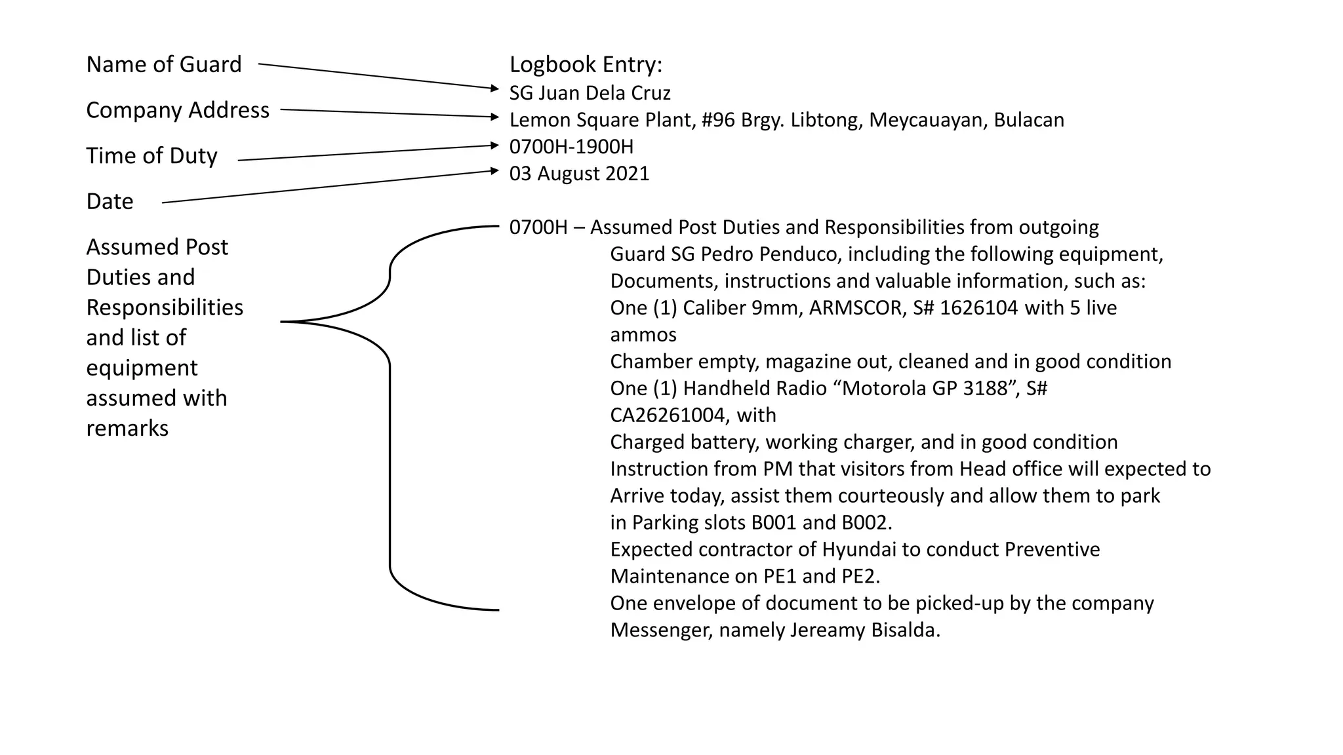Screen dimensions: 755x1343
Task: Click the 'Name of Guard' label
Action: point(164,64)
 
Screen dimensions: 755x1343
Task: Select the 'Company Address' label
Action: point(178,110)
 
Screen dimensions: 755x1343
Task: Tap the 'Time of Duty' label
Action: point(151,156)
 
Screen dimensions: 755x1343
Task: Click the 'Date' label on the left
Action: point(110,201)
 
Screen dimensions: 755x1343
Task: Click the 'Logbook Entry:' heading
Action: point(586,64)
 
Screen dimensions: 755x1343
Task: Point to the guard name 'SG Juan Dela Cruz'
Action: point(590,93)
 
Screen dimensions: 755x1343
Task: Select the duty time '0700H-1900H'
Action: point(571,147)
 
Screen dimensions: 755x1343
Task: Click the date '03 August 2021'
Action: point(579,174)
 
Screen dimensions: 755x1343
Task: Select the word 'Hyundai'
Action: point(859,549)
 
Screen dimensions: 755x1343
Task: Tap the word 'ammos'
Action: point(643,335)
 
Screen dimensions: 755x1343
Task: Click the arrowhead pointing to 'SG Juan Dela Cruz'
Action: point(495,88)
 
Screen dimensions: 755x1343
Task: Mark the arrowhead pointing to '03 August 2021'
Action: point(495,171)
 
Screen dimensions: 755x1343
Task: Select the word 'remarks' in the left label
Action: point(127,428)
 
